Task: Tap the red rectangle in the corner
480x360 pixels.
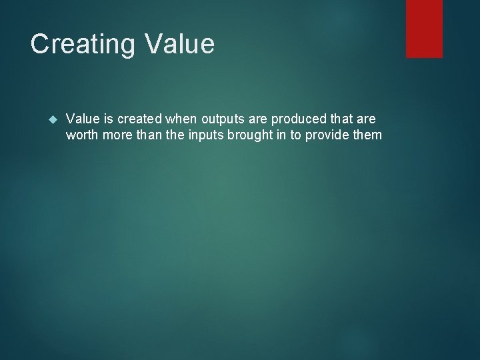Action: (425, 28)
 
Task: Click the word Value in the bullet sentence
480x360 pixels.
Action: (83, 119)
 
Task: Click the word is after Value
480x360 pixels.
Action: (107, 119)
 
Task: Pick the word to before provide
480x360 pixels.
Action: (295, 135)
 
